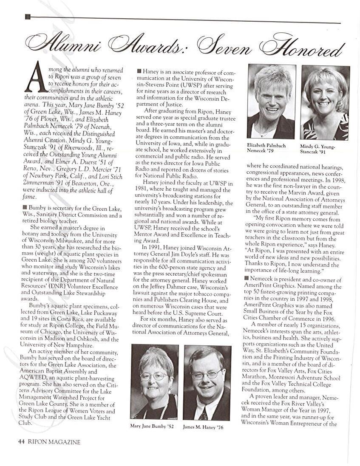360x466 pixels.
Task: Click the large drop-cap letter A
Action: point(37,77)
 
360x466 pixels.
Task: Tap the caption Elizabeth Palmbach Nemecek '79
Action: point(266,148)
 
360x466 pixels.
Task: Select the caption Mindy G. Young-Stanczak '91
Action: point(317,149)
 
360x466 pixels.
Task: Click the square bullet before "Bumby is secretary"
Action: point(25,207)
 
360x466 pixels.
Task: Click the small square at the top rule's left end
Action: point(28,17)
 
